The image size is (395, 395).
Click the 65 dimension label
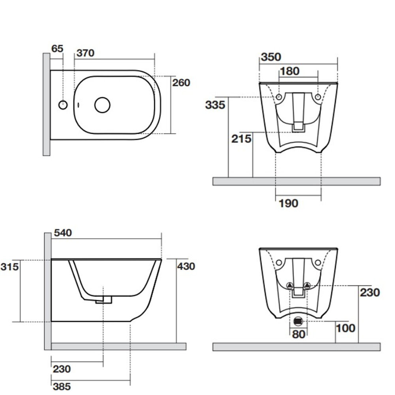(57, 49)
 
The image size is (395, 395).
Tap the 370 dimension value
(85, 53)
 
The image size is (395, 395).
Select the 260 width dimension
(181, 83)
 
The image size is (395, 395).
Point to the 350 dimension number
(271, 57)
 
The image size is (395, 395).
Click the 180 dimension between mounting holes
(289, 71)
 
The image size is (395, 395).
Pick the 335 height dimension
(215, 105)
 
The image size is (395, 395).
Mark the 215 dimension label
(242, 139)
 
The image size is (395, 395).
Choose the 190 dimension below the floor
(288, 203)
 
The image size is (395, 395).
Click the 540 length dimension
(63, 233)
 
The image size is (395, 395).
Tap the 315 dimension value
(9, 267)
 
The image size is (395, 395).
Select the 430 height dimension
(186, 266)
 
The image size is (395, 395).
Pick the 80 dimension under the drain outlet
(299, 335)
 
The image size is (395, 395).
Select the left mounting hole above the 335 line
(279, 97)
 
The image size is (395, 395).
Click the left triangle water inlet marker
(290, 285)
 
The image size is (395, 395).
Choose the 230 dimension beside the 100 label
(370, 292)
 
